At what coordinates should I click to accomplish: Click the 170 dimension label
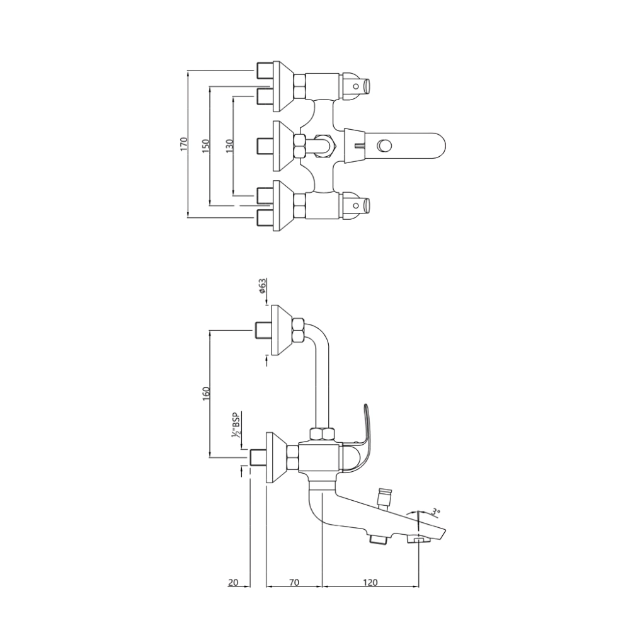point(184,144)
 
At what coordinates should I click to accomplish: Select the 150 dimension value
point(205,144)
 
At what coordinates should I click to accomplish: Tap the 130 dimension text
point(229,146)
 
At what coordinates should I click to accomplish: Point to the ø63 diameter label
point(260,287)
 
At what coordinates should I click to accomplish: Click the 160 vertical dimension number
point(206,392)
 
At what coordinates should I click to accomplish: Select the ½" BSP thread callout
point(237,425)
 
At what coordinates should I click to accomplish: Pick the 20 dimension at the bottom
point(233,583)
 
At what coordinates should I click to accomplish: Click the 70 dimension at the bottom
point(294,583)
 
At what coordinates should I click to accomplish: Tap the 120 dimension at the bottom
point(370,583)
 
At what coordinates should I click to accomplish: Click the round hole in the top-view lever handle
point(382,146)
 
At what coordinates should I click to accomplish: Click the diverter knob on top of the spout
point(382,496)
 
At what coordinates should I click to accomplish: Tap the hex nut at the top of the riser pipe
point(299,329)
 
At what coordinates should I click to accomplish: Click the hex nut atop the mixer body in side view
point(324,434)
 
